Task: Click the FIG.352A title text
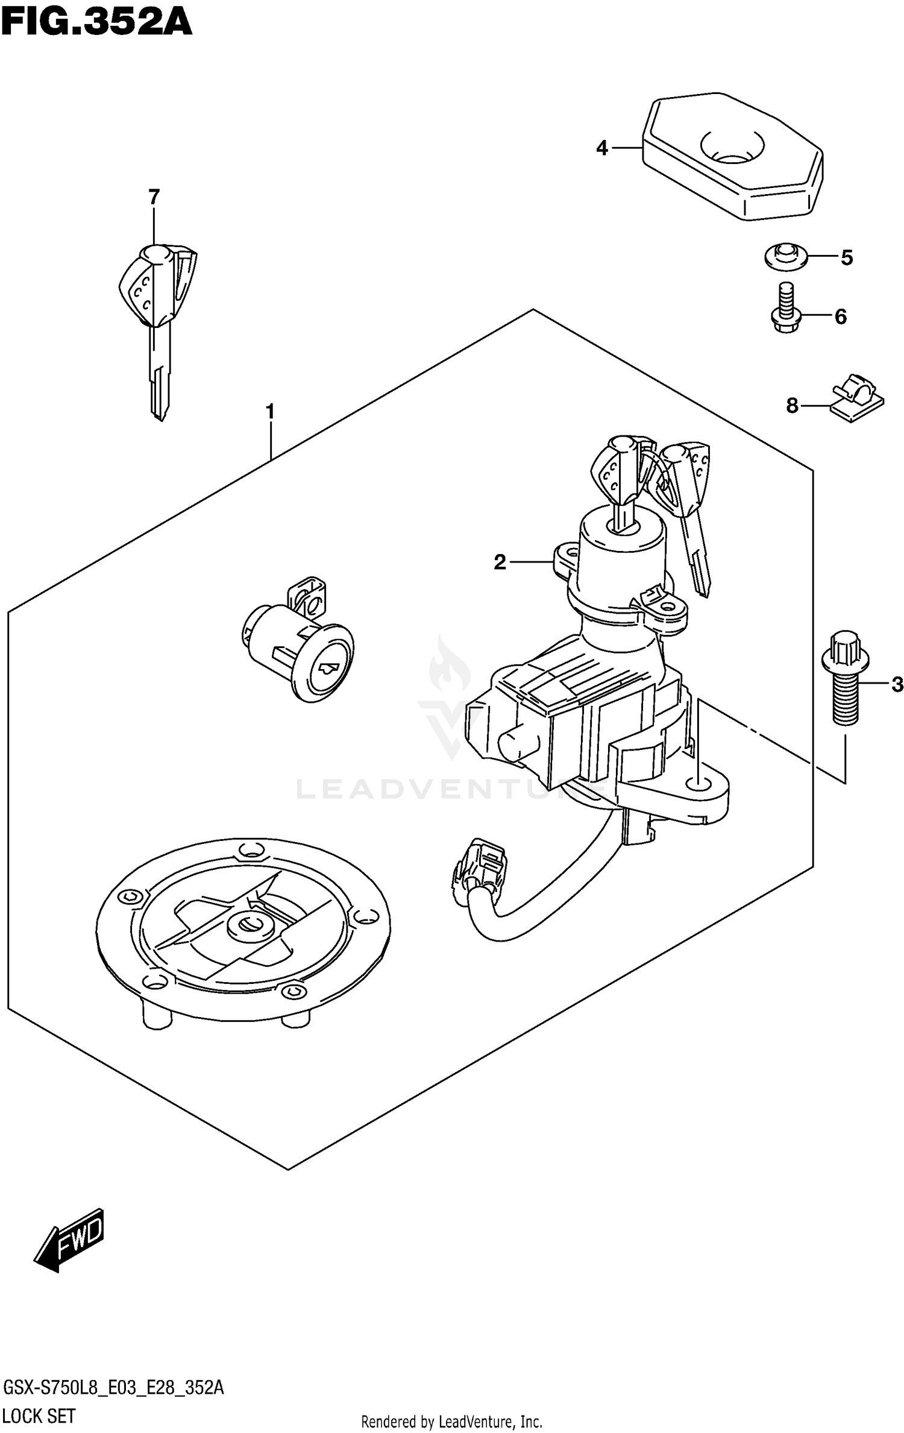point(96,23)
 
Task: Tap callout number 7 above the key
point(154,197)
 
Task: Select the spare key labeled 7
point(159,313)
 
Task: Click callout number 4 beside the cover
point(602,148)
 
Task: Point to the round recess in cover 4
point(731,147)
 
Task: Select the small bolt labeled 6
point(785,309)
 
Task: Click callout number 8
point(792,406)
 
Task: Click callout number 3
point(897,684)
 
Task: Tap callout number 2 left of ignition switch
point(500,562)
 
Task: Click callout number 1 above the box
point(270,412)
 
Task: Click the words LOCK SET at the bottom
point(39,1416)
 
